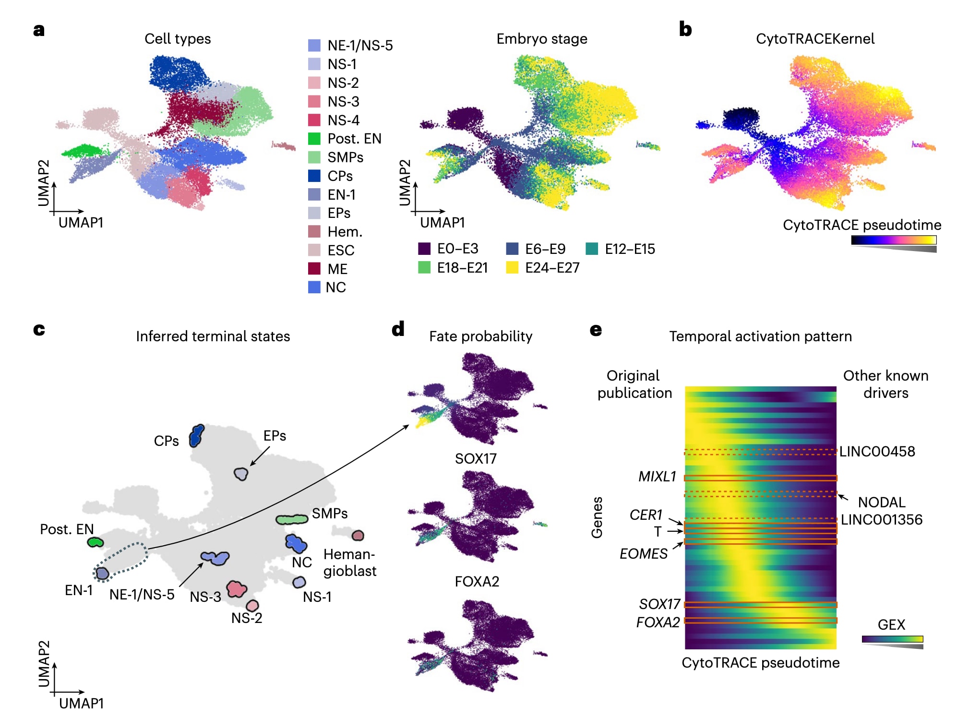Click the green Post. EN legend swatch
(314, 139)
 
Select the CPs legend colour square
(314, 176)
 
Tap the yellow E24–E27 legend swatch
(512, 268)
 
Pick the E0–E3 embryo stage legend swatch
(424, 249)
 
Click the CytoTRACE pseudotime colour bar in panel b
(894, 240)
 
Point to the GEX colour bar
(892, 639)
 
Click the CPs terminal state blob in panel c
(196, 436)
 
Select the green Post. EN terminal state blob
(96, 542)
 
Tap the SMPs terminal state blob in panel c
(292, 519)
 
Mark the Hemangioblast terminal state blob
(358, 535)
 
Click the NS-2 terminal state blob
(252, 605)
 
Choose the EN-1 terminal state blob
(102, 573)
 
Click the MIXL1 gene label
(657, 477)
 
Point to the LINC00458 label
(877, 452)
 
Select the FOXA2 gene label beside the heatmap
(658, 622)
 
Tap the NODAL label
(882, 503)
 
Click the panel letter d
(398, 329)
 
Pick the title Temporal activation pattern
(760, 336)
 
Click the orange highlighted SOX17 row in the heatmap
(760, 605)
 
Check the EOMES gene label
(643, 554)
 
